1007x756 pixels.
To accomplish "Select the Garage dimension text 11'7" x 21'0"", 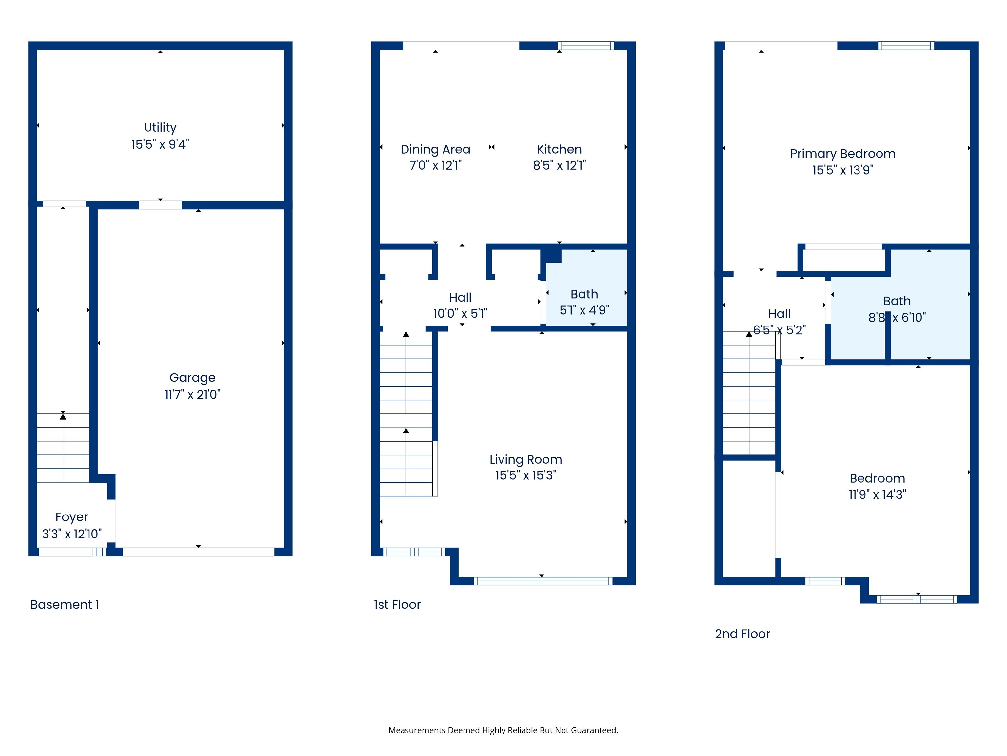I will click(x=192, y=394).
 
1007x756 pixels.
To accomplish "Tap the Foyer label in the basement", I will click(x=71, y=517).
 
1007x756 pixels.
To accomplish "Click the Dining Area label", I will click(x=435, y=149).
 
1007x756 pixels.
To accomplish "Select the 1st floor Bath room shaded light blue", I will click(x=586, y=287).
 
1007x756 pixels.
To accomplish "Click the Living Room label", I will click(x=525, y=459).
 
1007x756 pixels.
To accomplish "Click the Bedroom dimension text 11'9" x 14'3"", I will click(x=877, y=494).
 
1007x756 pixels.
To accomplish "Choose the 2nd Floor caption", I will click(x=742, y=634).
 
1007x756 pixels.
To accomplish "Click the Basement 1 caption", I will click(x=65, y=605).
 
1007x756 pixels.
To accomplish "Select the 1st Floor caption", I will click(x=397, y=605).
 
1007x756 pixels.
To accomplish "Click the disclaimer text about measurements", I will click(x=503, y=730).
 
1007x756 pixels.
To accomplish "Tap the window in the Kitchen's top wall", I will click(x=585, y=46).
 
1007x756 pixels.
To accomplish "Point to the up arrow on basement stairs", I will click(x=63, y=416).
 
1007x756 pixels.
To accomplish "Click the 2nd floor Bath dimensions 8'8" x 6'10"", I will click(x=897, y=317).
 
